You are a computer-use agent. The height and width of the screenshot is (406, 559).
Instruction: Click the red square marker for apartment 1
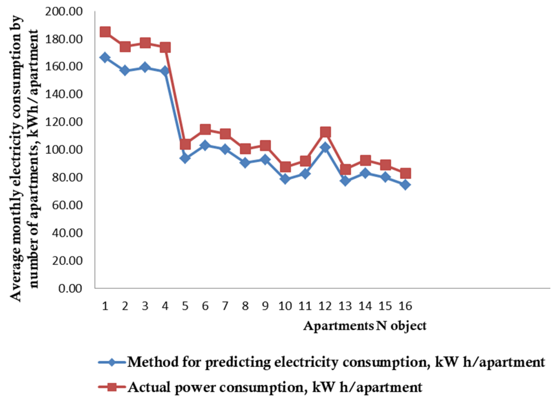click(x=105, y=32)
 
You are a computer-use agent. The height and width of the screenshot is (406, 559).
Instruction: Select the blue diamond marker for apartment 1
click(x=105, y=57)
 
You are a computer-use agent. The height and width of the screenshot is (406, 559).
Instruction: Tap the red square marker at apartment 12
click(x=325, y=132)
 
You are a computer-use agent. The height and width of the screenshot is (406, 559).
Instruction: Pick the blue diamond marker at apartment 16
click(x=405, y=185)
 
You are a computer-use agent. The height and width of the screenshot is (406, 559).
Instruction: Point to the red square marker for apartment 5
click(x=185, y=144)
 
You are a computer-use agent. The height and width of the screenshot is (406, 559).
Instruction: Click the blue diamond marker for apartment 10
click(x=285, y=179)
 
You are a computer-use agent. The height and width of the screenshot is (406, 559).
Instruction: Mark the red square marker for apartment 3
click(x=145, y=43)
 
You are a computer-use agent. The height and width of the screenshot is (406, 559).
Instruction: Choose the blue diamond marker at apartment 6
click(x=205, y=146)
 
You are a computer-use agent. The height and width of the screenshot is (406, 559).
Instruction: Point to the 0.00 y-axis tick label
click(x=70, y=288)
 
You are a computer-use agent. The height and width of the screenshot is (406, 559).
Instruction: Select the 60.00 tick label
click(x=67, y=205)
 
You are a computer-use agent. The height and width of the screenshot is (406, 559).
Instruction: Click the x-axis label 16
click(x=405, y=306)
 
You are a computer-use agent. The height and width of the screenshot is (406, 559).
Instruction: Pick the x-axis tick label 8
click(x=245, y=306)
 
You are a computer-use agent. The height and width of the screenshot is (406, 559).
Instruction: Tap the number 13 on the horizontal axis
click(x=345, y=306)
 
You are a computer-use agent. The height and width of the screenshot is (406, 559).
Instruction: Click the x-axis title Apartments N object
click(x=365, y=326)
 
